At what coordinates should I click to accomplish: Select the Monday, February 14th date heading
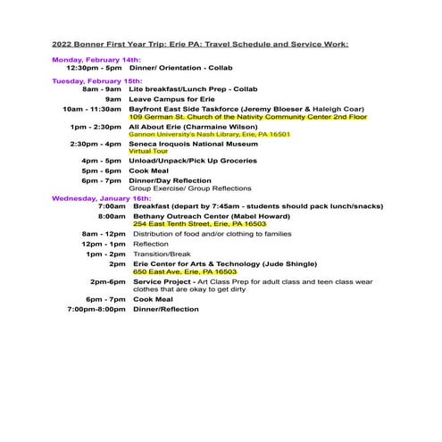tap(96, 59)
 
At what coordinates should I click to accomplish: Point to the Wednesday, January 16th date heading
tap(101, 197)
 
